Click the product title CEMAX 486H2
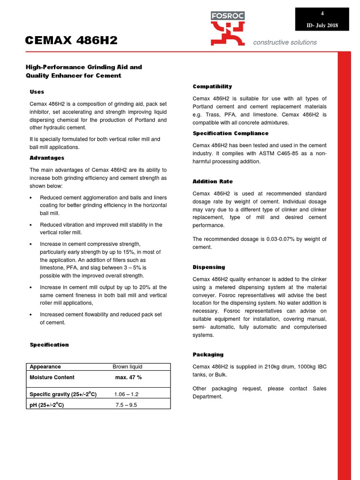[71, 41]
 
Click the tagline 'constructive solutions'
[285, 42]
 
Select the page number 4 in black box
[322, 13]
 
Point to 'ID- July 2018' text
[322, 25]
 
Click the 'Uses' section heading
[37, 92]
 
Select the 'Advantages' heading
[47, 158]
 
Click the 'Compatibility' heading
[212, 87]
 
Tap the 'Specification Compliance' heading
[231, 134]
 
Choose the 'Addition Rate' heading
[212, 181]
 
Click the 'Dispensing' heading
[209, 267]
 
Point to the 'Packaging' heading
[208, 354]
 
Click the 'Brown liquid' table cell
[127, 367]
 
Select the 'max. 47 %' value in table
[128, 377]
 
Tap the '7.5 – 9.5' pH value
[126, 405]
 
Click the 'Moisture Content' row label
[52, 377]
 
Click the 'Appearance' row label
[45, 367]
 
